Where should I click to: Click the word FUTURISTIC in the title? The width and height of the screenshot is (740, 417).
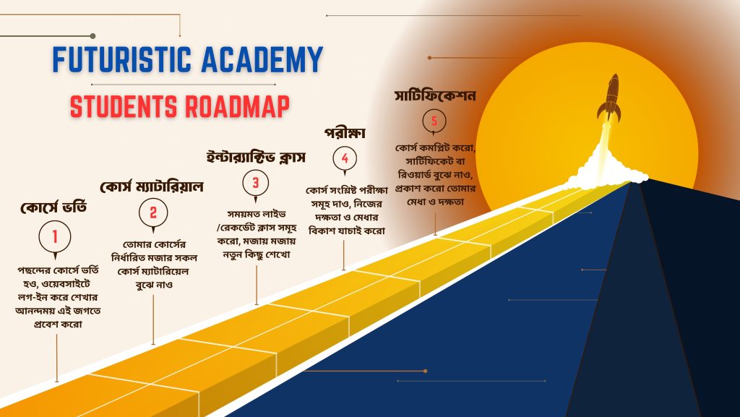tap(121, 59)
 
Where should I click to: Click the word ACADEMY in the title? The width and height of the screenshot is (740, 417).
tap(262, 59)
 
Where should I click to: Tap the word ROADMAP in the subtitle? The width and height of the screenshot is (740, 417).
tap(237, 107)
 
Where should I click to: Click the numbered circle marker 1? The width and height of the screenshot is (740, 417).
tap(55, 236)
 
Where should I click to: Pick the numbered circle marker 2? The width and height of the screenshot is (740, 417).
tap(153, 213)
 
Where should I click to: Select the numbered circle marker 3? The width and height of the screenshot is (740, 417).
tap(255, 183)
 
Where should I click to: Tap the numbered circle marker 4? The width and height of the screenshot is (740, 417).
tap(345, 158)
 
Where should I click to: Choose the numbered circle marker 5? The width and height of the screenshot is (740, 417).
tap(434, 121)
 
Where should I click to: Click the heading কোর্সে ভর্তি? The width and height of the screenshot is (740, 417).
tap(53, 207)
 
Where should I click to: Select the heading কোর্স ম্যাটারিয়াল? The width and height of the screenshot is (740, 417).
tap(152, 186)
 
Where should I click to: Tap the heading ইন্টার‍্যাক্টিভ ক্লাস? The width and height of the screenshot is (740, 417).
tap(256, 157)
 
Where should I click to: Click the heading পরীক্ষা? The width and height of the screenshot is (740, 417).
tap(345, 133)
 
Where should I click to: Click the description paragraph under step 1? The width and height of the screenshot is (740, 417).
tap(58, 297)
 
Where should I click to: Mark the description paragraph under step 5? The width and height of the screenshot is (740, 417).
tap(435, 175)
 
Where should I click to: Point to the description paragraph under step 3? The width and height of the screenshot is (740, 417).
tap(257, 234)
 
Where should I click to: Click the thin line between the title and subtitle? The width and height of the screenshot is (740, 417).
tap(183, 85)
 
